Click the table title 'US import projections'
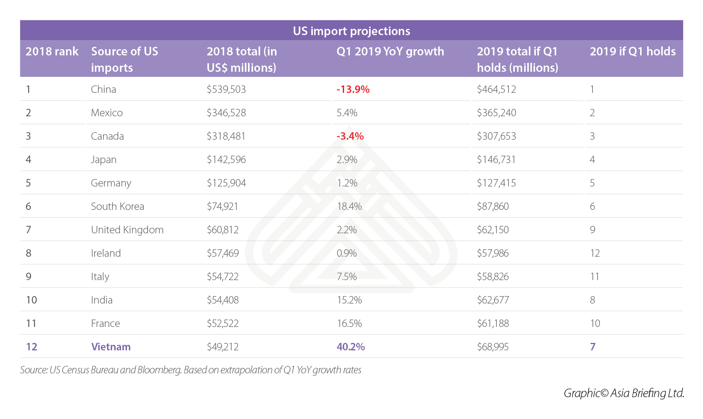point(351,31)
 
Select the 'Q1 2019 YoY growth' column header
point(390,51)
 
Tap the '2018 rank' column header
point(52,51)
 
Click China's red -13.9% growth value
point(353,89)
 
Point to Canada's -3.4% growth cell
point(350,136)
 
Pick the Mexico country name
point(107,113)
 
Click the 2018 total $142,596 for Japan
point(226,160)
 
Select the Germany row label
point(111,183)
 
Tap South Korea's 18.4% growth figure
point(349,206)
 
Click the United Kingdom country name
point(127,230)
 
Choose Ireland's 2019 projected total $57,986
point(492,253)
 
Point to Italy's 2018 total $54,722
point(223,277)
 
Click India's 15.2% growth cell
point(349,300)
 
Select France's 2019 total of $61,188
point(492,323)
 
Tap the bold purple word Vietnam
point(111,347)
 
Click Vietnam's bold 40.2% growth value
point(351,347)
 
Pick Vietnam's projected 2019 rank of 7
point(592,347)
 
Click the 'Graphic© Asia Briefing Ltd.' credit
point(624,393)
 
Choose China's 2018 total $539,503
point(226,89)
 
